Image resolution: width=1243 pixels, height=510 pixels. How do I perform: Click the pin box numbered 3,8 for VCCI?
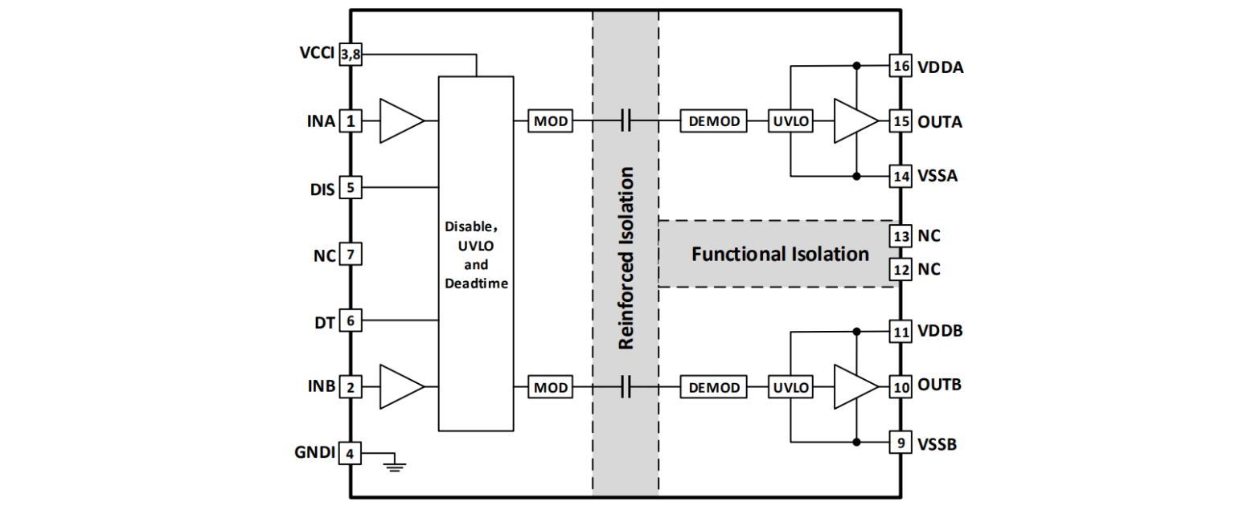point(351,55)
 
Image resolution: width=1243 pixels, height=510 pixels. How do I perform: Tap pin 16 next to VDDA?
point(900,67)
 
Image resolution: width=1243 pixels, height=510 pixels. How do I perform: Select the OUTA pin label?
point(940,122)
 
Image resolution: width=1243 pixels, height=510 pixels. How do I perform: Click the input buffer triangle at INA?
point(400,121)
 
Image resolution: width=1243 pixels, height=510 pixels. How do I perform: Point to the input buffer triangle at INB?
point(400,387)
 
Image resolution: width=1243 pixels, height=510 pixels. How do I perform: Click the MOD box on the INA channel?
point(551,121)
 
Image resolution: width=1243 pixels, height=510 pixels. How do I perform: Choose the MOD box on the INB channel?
point(551,388)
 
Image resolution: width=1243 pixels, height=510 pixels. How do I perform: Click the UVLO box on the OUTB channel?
point(791,388)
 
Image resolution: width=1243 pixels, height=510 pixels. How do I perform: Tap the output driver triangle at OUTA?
point(855,121)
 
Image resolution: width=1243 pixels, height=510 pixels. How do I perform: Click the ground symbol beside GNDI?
point(393,463)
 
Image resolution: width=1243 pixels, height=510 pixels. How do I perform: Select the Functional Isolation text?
point(780,255)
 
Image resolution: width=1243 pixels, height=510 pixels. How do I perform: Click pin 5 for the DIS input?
point(351,188)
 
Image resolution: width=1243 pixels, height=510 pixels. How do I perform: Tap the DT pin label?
point(323,320)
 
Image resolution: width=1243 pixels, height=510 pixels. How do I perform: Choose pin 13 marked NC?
point(900,237)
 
